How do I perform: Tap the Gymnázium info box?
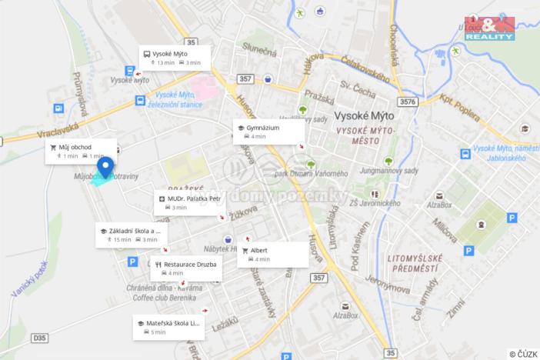268,132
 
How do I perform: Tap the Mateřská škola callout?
168,327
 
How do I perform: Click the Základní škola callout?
131,235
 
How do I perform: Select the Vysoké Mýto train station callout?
174,58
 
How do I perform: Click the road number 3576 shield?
408,102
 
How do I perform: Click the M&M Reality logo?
489,27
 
